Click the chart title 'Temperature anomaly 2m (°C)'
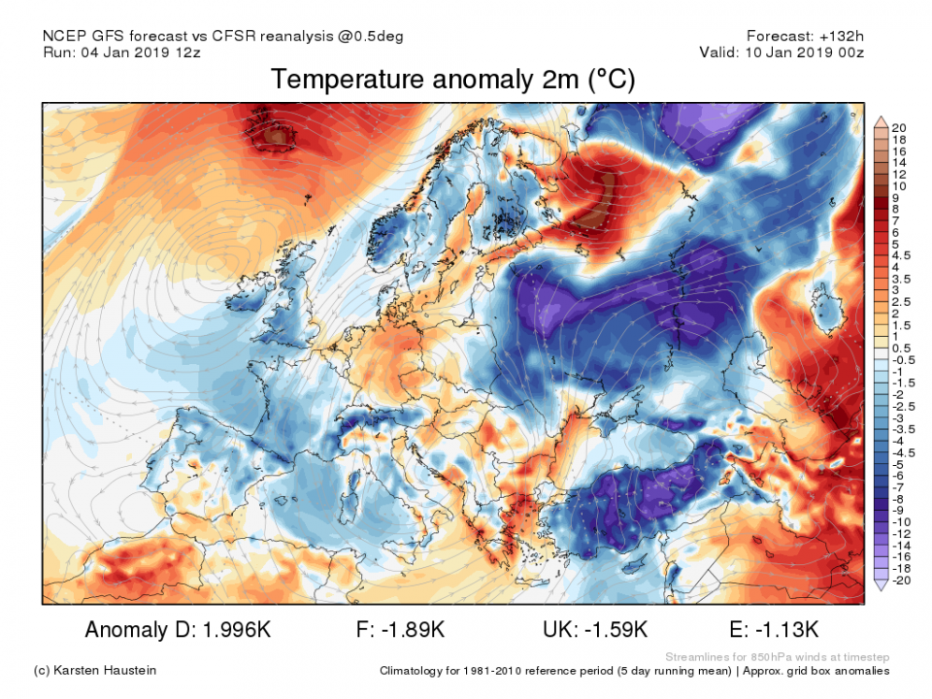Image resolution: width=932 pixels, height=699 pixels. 452,80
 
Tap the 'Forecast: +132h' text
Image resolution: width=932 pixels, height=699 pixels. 805,36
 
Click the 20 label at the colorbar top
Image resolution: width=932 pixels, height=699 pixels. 900,127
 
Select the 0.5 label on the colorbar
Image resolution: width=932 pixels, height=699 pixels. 900,348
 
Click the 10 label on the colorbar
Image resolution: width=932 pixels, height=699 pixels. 900,185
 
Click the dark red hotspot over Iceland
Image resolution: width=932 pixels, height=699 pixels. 277,136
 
